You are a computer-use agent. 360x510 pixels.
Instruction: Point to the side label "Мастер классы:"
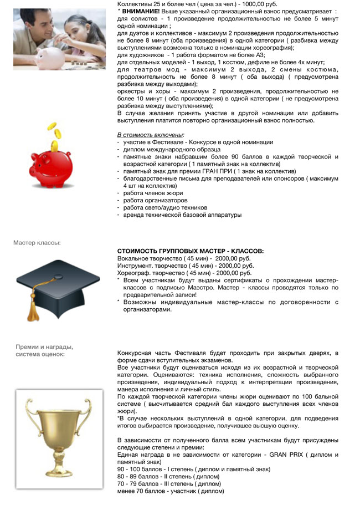point(37,243)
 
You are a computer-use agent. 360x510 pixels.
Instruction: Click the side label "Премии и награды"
point(44,347)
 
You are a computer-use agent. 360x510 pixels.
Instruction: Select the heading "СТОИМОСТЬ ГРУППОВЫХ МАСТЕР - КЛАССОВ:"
point(191,251)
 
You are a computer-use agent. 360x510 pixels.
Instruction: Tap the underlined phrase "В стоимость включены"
point(150,135)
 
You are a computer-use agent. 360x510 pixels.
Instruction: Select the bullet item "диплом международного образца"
point(172,150)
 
